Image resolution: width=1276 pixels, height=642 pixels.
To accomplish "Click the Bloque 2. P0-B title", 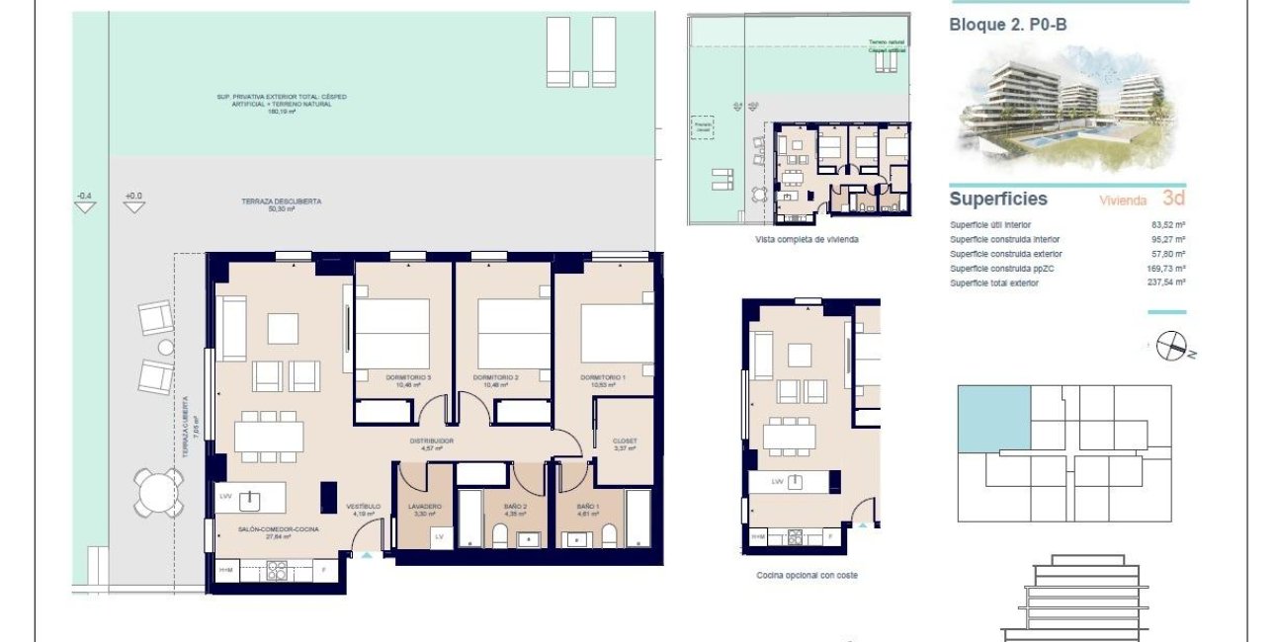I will point(1008,26).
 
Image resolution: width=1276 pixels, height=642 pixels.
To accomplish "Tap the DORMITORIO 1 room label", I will point(603,377).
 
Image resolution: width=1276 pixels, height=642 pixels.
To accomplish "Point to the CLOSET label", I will point(625,441).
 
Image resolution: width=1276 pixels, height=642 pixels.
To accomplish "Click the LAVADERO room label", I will point(425,507).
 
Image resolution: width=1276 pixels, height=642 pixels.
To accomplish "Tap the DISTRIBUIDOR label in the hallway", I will point(432,441).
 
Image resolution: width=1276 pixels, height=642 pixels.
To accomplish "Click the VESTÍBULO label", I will point(363,508).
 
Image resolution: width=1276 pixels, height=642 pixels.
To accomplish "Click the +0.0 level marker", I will point(133,197).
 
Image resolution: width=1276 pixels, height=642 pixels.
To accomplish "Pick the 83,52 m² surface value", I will point(1167,224).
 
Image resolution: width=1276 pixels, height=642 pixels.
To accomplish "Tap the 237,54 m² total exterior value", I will point(1167,282).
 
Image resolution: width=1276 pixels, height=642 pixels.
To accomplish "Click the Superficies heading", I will point(997,199).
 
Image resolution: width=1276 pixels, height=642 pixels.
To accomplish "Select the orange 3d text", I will point(1173,198).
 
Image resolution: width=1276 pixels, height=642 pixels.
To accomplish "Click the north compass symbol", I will point(1171,345).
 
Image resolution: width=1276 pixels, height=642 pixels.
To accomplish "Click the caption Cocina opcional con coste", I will point(807,575).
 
